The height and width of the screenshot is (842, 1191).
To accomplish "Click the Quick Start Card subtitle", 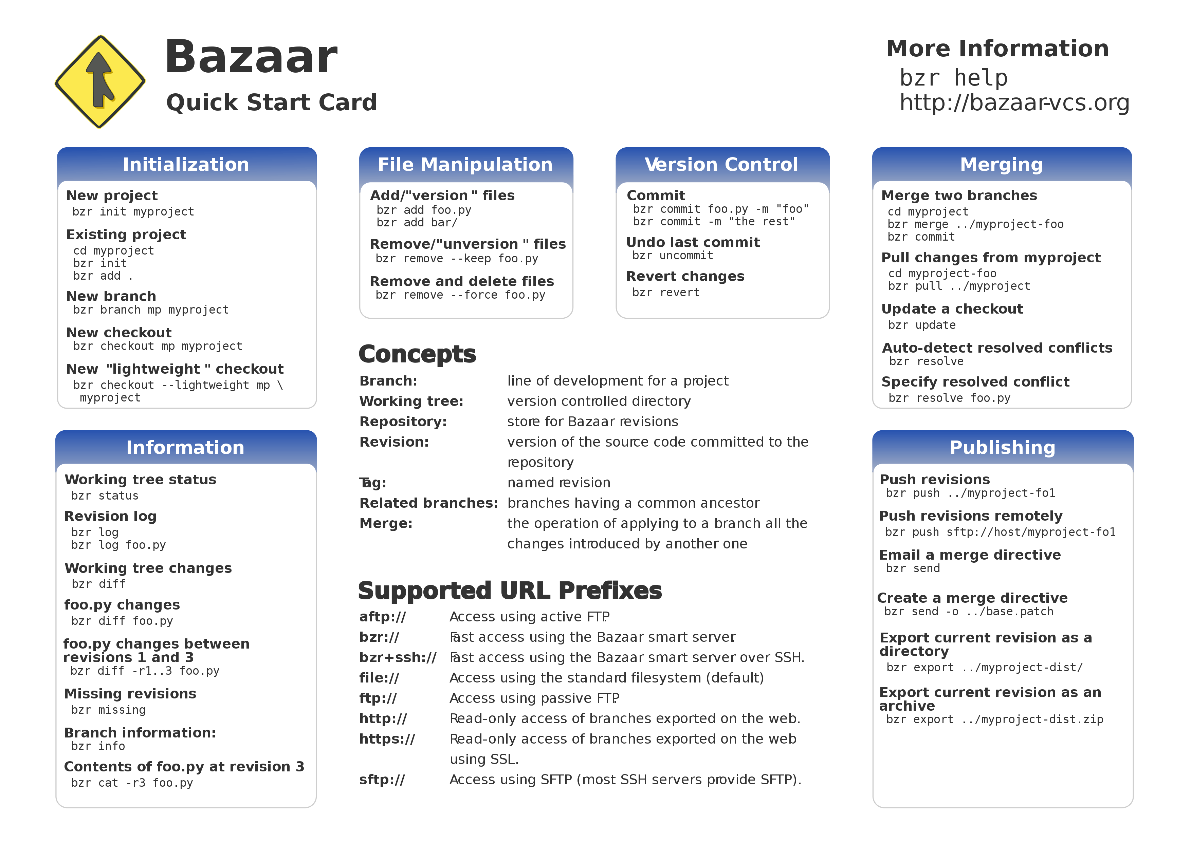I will tap(271, 102).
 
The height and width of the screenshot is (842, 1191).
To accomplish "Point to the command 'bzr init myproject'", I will tap(133, 211).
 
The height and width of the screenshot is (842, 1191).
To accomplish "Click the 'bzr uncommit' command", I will tap(672, 256).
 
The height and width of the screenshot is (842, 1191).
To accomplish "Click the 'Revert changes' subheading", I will tap(685, 276).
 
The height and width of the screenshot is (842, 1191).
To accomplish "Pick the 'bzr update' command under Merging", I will tap(921, 325).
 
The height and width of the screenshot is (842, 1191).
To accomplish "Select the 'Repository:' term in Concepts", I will tap(403, 422).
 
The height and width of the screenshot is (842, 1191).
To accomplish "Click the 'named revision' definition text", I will tap(559, 483).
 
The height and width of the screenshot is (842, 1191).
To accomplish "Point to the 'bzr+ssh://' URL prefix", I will tap(397, 657).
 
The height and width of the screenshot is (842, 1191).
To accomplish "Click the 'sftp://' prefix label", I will tap(382, 780).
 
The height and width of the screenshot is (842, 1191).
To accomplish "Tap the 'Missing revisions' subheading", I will tap(130, 694).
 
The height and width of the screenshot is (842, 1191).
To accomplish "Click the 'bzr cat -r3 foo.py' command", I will tap(132, 783).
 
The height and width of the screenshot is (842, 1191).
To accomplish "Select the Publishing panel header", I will tap(1002, 447).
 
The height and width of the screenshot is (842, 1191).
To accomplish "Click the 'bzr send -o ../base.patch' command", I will tap(969, 612).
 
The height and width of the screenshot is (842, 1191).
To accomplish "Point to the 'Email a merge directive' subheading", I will tap(970, 555).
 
